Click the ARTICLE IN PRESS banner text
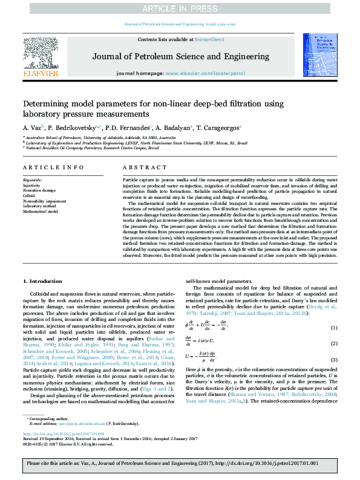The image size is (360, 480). click(x=180, y=8)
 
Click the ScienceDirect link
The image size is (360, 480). click(x=209, y=39)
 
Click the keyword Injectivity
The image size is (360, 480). click(x=32, y=185)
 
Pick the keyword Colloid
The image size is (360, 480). click(x=29, y=196)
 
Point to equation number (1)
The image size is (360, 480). click(x=333, y=328)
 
